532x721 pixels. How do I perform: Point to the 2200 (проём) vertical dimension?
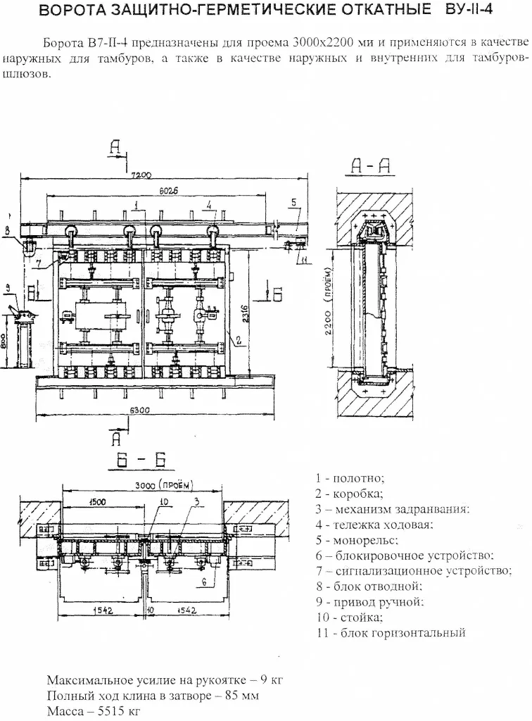(327, 307)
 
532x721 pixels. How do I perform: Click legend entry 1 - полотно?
(350, 478)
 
